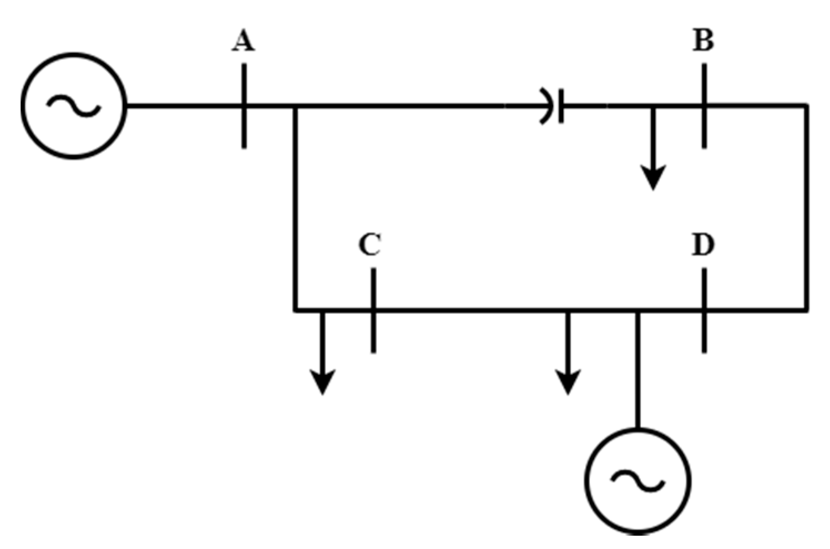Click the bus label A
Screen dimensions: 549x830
click(244, 41)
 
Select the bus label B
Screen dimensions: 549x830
click(704, 41)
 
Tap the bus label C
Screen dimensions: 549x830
click(370, 245)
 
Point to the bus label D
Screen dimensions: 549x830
click(703, 245)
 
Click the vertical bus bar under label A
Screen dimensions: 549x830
click(244, 128)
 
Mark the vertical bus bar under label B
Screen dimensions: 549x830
click(704, 130)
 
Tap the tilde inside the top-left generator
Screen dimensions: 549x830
click(74, 105)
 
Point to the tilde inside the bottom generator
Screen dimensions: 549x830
click(638, 481)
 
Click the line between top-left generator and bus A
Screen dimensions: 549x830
click(183, 105)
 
